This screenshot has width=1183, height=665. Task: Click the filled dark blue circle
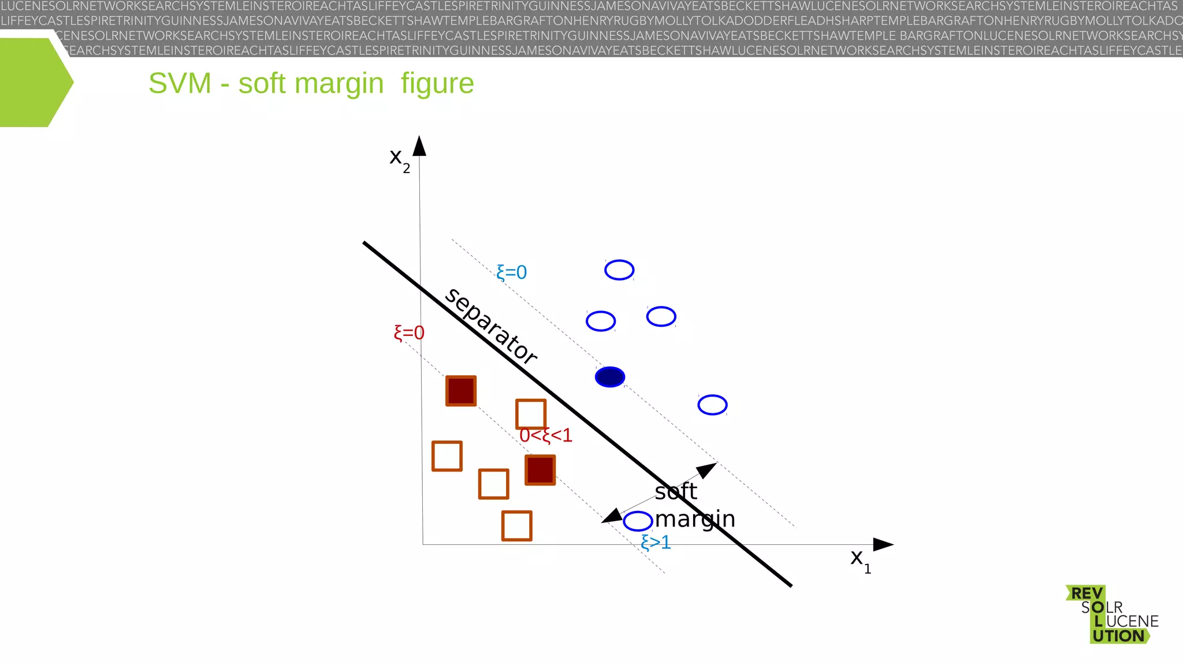click(610, 377)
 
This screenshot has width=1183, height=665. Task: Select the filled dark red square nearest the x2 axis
click(461, 391)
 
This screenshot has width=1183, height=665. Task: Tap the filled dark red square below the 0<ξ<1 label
click(540, 470)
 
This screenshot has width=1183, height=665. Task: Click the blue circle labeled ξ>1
click(638, 521)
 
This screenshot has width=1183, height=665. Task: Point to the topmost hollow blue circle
click(619, 270)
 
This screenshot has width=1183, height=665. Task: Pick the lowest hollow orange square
click(516, 526)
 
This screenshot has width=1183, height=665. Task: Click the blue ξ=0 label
click(512, 272)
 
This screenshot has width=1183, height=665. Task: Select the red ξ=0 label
click(409, 333)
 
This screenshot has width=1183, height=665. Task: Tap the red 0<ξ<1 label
click(546, 435)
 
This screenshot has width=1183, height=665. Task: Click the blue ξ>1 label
click(656, 543)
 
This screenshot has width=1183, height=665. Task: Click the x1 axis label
click(860, 559)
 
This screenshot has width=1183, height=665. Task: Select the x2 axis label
click(399, 159)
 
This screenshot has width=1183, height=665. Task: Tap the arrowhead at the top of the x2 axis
click(420, 146)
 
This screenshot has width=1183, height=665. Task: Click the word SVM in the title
click(180, 84)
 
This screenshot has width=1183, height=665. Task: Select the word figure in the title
click(437, 84)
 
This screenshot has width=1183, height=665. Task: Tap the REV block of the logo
click(1087, 593)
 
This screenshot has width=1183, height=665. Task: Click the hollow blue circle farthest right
click(712, 405)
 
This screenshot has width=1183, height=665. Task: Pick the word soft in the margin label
click(676, 492)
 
